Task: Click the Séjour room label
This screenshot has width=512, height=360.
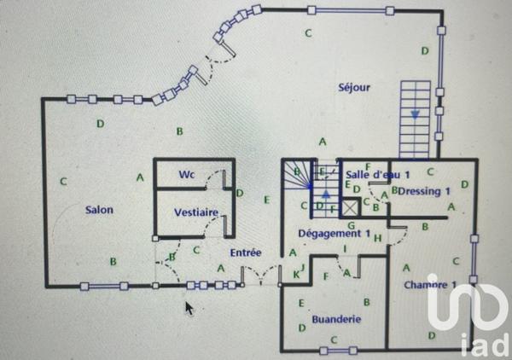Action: [353, 87]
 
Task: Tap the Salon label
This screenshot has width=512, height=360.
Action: [99, 209]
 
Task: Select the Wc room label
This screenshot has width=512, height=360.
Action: [187, 175]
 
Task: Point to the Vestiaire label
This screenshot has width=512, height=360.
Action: [196, 212]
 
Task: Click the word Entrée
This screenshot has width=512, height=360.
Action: [245, 253]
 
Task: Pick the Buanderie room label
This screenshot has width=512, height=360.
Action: [336, 319]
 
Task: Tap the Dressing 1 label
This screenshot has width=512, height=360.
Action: [424, 191]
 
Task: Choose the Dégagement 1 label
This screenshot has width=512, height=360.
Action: [334, 233]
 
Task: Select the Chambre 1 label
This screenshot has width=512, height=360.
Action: [431, 284]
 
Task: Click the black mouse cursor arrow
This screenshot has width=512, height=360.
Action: [189, 308]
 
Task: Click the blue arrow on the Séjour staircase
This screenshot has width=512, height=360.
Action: [416, 113]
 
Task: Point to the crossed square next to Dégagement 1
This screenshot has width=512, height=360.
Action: [350, 207]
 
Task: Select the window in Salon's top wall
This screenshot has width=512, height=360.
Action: [88, 99]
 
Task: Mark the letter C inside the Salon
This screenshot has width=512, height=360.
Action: [63, 181]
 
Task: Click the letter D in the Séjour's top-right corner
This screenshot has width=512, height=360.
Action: [424, 51]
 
